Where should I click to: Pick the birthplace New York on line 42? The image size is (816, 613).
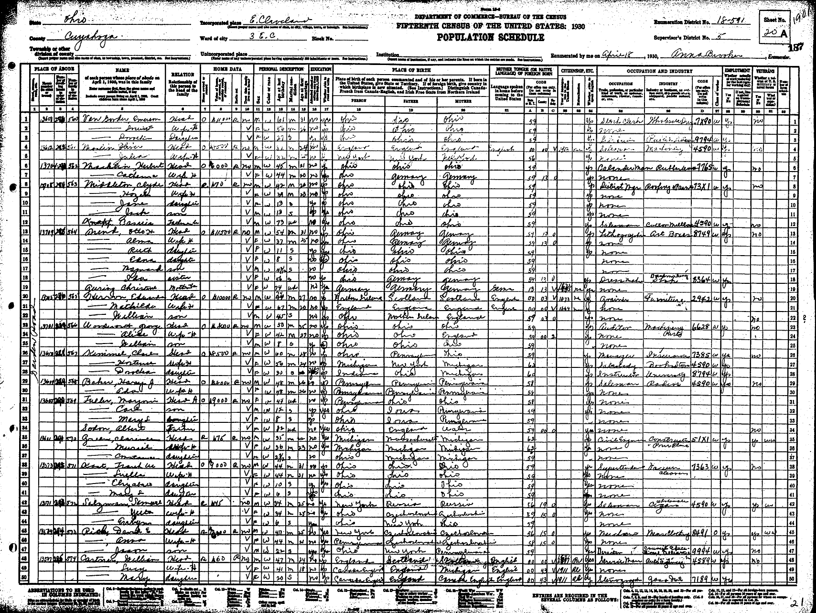[351, 505]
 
